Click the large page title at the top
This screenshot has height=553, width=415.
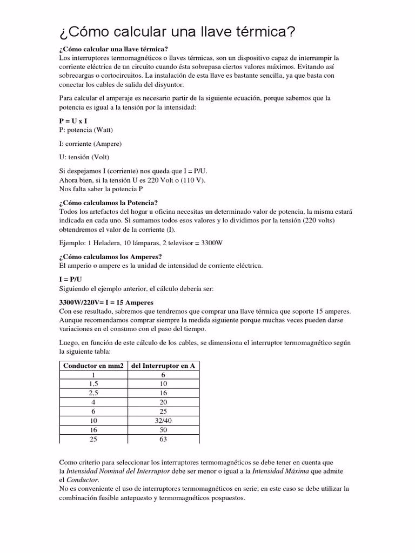[177, 32]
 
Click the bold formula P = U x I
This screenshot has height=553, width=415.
[73, 122]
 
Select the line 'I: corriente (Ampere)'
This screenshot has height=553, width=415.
[90, 144]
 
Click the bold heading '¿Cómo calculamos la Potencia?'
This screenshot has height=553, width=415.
[108, 203]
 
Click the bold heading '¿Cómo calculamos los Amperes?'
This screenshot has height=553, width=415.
[110, 257]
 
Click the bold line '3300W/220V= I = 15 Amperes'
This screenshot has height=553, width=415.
[106, 302]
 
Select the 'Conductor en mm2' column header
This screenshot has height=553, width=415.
[93, 366]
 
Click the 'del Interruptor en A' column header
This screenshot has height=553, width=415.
[163, 366]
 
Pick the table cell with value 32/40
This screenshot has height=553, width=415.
[163, 420]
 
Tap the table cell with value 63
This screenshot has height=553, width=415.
[163, 439]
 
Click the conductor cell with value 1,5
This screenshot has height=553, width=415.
[93, 384]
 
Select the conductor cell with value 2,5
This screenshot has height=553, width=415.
[93, 393]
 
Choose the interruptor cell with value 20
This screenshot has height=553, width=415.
[163, 402]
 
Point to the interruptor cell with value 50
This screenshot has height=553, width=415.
[163, 430]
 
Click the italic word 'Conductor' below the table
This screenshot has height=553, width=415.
[82, 480]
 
